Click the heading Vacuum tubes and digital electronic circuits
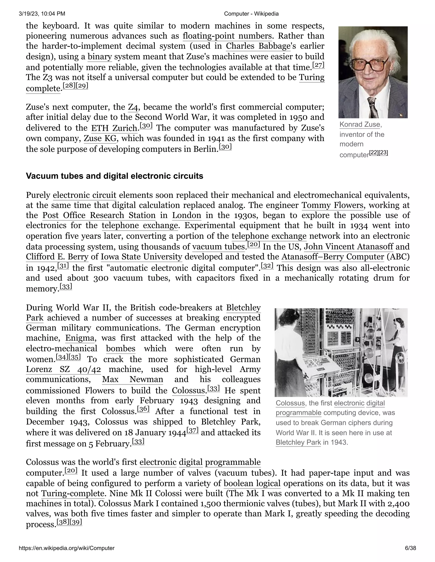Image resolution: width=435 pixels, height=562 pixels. click(114, 176)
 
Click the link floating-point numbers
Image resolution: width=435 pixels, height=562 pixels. click(227, 36)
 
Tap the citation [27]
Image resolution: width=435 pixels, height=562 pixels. click(318, 65)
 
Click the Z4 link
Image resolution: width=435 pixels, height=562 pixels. click(133, 107)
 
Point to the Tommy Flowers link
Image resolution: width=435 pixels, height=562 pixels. click(332, 205)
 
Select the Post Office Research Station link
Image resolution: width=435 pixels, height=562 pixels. click(99, 215)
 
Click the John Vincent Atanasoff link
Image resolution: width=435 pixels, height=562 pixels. click(348, 246)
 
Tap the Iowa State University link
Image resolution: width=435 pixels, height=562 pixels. click(141, 257)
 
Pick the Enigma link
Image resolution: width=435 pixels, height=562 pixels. click(80, 338)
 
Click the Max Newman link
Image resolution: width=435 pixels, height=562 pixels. click(133, 379)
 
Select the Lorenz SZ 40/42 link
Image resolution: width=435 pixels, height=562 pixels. click(63, 369)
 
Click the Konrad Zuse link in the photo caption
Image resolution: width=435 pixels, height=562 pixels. click(360, 124)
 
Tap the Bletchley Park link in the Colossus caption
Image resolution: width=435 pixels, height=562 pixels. click(298, 442)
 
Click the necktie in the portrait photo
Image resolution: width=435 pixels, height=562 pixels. click(373, 108)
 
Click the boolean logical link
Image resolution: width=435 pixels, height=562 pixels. click(252, 484)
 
